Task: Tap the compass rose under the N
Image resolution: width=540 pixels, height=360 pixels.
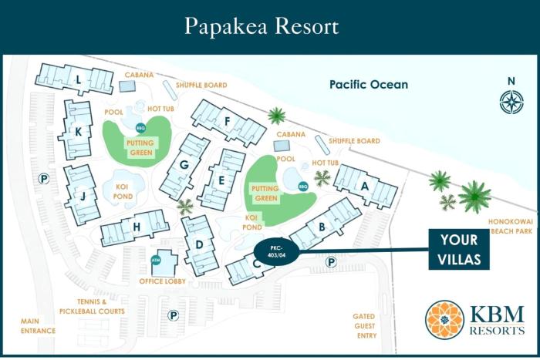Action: (x=511, y=102)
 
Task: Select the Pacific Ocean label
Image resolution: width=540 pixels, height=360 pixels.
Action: (x=368, y=85)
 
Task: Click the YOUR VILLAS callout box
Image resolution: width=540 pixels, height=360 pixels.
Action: (x=459, y=249)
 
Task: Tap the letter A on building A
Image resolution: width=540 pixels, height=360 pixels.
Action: (x=365, y=185)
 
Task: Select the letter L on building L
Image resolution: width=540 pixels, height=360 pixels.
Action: (x=79, y=78)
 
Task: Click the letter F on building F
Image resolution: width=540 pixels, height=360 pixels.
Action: (x=228, y=121)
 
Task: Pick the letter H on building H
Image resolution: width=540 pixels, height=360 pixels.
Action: (x=137, y=227)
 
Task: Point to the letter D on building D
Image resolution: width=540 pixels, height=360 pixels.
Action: (x=199, y=246)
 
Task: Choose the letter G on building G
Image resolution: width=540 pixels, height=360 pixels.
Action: (x=184, y=165)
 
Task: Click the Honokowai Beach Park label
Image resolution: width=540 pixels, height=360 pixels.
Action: (x=511, y=225)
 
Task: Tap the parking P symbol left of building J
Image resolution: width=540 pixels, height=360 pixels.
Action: (x=45, y=178)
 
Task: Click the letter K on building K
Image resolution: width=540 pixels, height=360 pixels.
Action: (x=78, y=131)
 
